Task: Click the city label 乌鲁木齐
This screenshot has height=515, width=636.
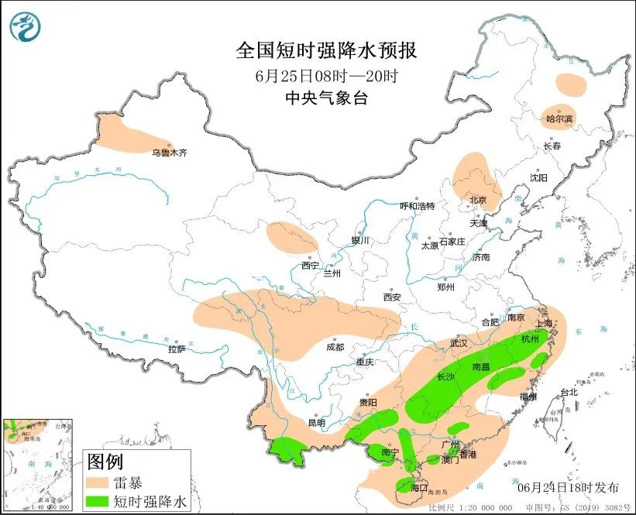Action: [169, 153]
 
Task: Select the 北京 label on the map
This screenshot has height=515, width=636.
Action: [478, 200]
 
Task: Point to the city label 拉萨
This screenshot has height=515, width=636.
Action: [177, 348]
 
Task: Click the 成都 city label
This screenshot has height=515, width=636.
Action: [335, 347]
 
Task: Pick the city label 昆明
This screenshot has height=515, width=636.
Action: [317, 423]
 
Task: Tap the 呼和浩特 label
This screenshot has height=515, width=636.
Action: [417, 206]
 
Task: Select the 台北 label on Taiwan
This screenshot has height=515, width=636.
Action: [569, 392]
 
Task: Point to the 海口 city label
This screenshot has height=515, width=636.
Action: [419, 488]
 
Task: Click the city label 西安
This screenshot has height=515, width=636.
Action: [391, 297]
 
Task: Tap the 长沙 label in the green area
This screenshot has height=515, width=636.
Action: [446, 377]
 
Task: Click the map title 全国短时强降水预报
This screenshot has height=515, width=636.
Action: [326, 51]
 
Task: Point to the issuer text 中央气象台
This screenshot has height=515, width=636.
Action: [325, 98]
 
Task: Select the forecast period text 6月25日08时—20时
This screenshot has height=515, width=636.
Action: [325, 75]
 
